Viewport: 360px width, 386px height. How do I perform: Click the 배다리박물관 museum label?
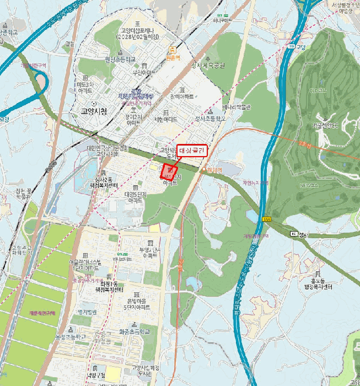pyautogui.click(x=236, y=107)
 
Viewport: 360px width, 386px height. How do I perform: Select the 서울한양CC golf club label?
pyautogui.click(x=328, y=125)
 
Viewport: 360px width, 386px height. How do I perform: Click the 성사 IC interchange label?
pyautogui.click(x=297, y=234)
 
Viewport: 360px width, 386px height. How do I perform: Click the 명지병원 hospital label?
pyautogui.click(x=87, y=312)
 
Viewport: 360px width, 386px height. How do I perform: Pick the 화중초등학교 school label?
pyautogui.click(x=133, y=332)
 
